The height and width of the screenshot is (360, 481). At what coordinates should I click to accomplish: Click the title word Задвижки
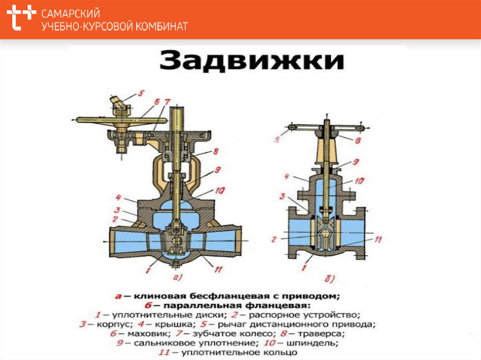252,61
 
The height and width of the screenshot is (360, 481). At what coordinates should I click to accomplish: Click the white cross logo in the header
21,17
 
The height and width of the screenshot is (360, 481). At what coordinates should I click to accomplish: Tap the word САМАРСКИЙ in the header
70,14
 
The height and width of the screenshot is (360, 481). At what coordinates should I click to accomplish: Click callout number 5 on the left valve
140,93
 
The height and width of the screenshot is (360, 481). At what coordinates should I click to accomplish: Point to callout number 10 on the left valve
220,191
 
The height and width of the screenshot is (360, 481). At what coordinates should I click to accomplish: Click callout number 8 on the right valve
357,140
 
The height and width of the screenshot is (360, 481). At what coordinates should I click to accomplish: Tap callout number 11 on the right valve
378,239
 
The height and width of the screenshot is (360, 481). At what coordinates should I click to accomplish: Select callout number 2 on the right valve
274,239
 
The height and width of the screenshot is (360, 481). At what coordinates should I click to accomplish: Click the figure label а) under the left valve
178,277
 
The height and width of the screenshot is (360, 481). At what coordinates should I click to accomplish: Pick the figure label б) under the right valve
329,279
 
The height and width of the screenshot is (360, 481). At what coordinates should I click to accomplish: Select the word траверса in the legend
321,334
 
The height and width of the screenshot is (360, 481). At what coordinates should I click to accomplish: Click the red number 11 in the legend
164,352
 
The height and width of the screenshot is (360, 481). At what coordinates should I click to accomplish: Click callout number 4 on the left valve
118,197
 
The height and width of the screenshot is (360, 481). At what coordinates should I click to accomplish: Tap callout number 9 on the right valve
356,161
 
